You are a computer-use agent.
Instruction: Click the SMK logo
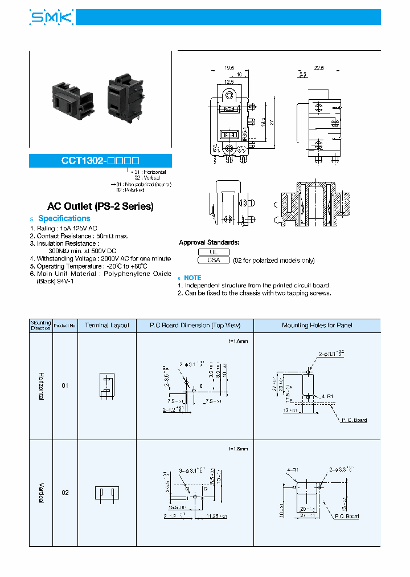51,18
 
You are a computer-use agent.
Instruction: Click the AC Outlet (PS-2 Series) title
100,206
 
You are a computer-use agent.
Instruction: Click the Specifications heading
64,218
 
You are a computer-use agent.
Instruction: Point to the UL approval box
214,251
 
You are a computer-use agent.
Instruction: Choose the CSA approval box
214,260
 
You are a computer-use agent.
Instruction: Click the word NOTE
192,278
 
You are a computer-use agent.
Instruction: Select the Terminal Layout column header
107,326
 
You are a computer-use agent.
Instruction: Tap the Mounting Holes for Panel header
317,326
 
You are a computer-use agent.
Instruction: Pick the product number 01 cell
65,385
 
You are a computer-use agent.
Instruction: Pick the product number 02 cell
65,492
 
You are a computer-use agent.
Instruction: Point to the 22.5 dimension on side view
318,67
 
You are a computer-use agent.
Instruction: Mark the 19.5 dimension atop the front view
229,67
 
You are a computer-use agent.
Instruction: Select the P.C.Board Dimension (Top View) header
195,326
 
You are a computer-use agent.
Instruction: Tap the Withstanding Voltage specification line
100,259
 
